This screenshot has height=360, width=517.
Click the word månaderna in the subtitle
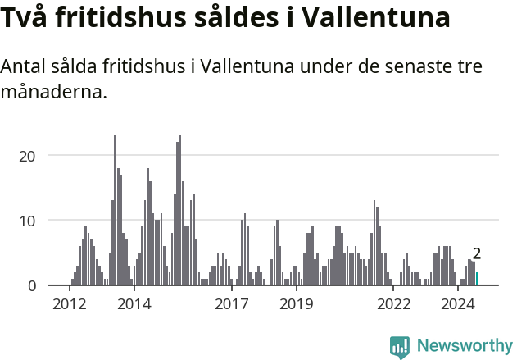click(x=54, y=92)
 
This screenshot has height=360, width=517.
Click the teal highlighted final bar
click(x=478, y=279)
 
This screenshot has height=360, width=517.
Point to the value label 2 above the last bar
click(x=477, y=254)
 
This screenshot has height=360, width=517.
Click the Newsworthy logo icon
click(x=400, y=346)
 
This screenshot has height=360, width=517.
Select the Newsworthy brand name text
click(x=465, y=346)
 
